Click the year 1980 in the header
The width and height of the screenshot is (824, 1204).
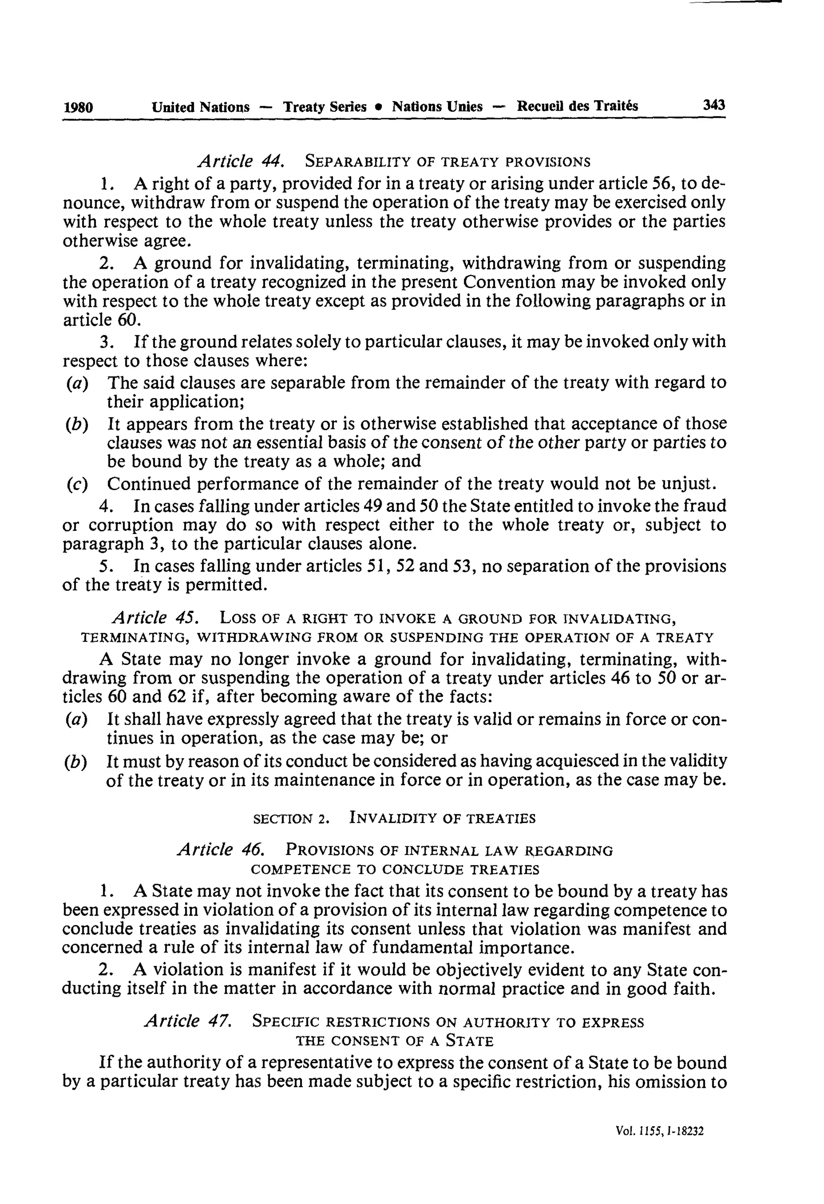pyautogui.click(x=78, y=107)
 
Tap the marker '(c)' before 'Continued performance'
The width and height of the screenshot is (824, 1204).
pyautogui.click(x=77, y=484)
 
